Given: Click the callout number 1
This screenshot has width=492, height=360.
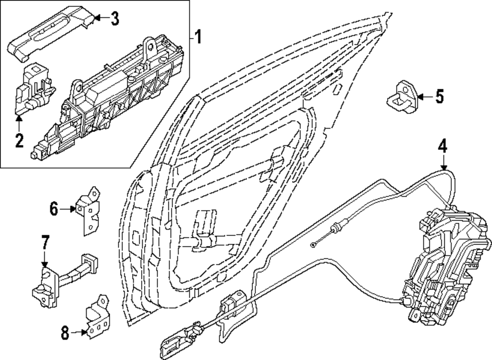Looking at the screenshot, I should click(x=198, y=37).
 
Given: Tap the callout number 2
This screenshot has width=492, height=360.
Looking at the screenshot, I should click(x=19, y=140).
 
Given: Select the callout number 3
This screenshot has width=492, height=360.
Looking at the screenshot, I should click(x=114, y=19).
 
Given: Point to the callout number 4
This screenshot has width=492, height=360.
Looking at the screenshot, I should click(x=443, y=146).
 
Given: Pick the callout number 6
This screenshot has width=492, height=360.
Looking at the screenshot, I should click(x=54, y=209).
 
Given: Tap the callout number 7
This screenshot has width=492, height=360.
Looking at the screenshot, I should click(x=45, y=242).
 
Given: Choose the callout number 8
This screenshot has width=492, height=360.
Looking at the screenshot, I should click(x=65, y=333).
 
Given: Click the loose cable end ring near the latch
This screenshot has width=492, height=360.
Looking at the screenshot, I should click(x=313, y=245).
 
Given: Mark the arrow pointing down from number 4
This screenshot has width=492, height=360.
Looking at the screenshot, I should click(x=444, y=163).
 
